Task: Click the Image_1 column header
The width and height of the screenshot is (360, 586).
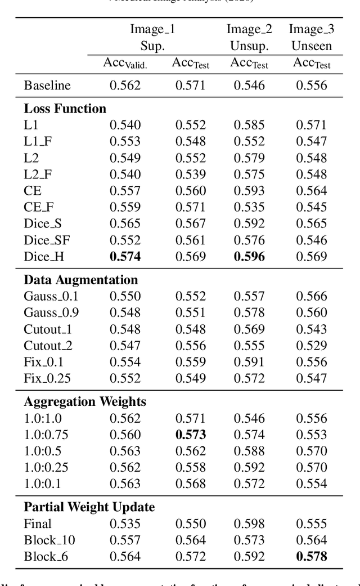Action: (152, 29)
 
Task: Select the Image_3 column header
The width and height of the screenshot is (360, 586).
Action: (312, 29)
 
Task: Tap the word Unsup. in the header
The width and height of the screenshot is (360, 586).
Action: (249, 46)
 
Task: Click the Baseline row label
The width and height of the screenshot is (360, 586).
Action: (47, 86)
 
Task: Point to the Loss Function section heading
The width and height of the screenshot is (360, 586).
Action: (65, 109)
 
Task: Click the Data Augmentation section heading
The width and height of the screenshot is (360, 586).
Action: (80, 280)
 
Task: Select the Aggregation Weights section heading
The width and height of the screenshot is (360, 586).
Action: (85, 401)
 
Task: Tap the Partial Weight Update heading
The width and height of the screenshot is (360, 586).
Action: (89, 507)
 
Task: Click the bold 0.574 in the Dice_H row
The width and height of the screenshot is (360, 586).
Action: (125, 257)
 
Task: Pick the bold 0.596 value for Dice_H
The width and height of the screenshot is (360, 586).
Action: (249, 257)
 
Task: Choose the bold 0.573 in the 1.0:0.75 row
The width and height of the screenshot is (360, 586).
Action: (191, 434)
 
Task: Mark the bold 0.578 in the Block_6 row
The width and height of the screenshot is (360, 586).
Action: (312, 557)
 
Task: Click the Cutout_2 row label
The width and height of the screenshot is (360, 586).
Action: (48, 346)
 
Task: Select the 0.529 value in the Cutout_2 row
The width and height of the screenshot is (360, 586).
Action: (312, 346)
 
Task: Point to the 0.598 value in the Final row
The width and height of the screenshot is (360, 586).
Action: (249, 524)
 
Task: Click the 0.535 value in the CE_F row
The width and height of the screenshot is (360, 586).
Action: (249, 207)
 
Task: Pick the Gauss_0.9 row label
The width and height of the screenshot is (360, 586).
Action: (51, 312)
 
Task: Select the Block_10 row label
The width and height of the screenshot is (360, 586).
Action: (49, 540)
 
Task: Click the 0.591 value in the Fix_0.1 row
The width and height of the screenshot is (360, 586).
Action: (249, 362)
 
